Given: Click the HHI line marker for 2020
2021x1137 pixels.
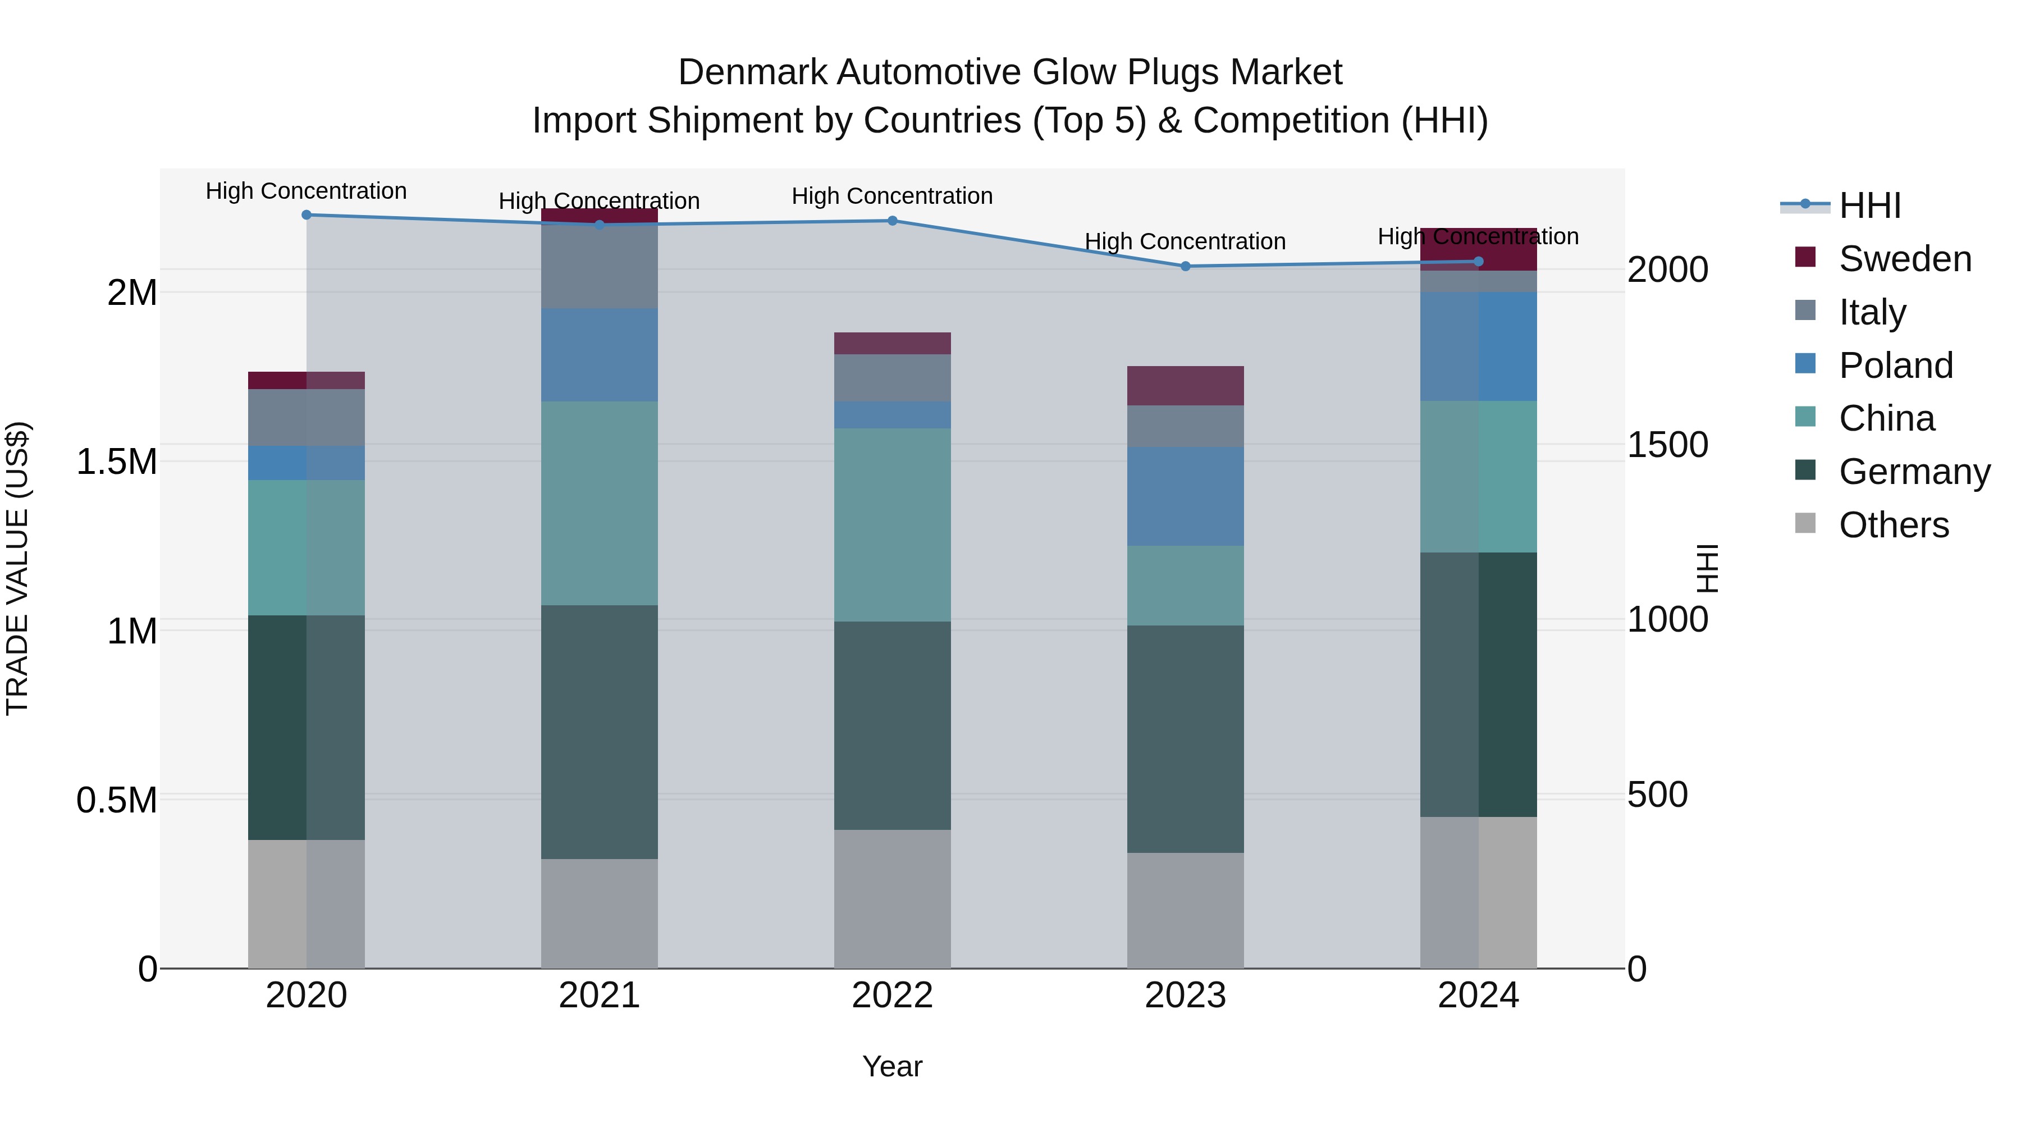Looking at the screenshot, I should [307, 215].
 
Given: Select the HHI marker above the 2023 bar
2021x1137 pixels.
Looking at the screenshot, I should [1186, 267].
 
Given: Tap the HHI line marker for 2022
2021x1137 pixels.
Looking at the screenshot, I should [892, 221].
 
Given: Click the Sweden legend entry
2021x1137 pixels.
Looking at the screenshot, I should [1904, 259].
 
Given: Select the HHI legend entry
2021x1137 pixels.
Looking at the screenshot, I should [1869, 206].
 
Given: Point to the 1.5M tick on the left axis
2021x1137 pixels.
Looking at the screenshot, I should [116, 462].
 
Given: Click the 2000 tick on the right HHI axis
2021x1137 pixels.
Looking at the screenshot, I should [1666, 270].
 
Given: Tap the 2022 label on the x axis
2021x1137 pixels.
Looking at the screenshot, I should [892, 996].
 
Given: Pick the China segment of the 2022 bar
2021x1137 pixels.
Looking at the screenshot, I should [892, 524].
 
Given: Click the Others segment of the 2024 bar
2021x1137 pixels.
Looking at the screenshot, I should [1478, 892].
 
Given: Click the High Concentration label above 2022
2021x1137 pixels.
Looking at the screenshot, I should [892, 196].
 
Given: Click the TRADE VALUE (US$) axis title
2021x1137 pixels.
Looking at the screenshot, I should [18, 568].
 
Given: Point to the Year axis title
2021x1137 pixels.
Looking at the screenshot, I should [892, 1066].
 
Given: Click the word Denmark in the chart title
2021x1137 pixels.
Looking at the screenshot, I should [752, 72].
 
